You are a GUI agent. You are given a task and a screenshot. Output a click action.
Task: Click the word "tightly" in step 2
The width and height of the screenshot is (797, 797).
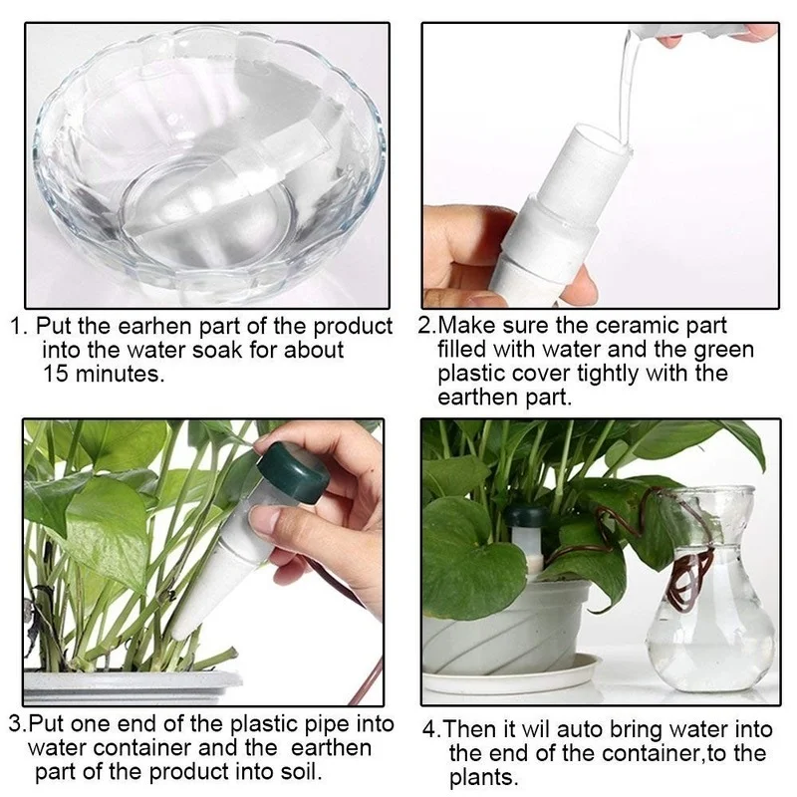click(x=607, y=375)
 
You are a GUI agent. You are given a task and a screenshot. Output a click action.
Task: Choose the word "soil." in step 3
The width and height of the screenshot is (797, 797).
click(x=302, y=771)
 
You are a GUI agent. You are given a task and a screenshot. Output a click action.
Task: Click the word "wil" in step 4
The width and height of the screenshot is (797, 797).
click(x=535, y=729)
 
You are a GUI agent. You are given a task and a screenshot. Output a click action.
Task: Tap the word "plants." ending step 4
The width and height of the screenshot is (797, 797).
click(x=483, y=778)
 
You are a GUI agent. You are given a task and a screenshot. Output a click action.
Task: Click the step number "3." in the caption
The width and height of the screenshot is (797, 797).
click(x=18, y=725)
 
